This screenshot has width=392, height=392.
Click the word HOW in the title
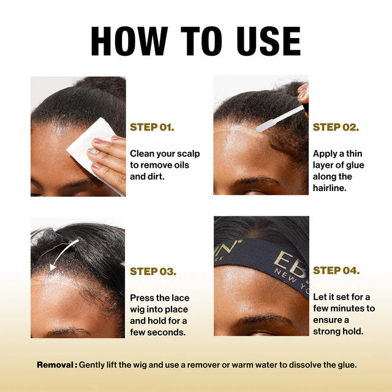129,41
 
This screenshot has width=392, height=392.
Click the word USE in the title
269,41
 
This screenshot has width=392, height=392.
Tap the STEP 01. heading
152,127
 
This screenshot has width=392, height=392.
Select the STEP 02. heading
336,127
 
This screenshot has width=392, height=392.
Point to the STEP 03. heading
153,271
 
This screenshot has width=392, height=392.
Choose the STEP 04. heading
336,271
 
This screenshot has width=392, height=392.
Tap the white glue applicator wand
279,119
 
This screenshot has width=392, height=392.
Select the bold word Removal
55,365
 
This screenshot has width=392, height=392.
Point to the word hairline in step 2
330,188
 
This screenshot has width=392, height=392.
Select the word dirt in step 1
157,176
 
